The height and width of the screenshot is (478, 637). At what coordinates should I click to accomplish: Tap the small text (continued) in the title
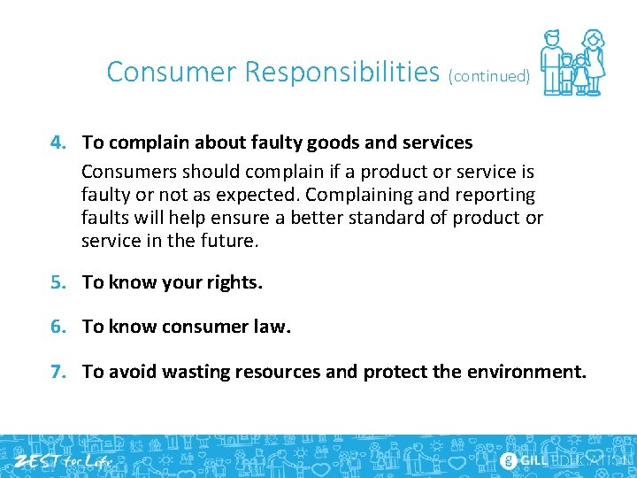click(489, 76)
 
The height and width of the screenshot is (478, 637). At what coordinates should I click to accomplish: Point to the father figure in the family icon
click(553, 62)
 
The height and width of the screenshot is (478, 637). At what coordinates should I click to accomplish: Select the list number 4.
click(57, 143)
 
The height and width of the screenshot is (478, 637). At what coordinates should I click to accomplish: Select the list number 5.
click(57, 282)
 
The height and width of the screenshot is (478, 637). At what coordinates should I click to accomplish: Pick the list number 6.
click(57, 327)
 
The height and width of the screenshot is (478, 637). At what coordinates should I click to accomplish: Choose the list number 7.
click(57, 372)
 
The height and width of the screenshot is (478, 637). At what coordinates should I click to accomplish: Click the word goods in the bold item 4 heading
click(308, 143)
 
